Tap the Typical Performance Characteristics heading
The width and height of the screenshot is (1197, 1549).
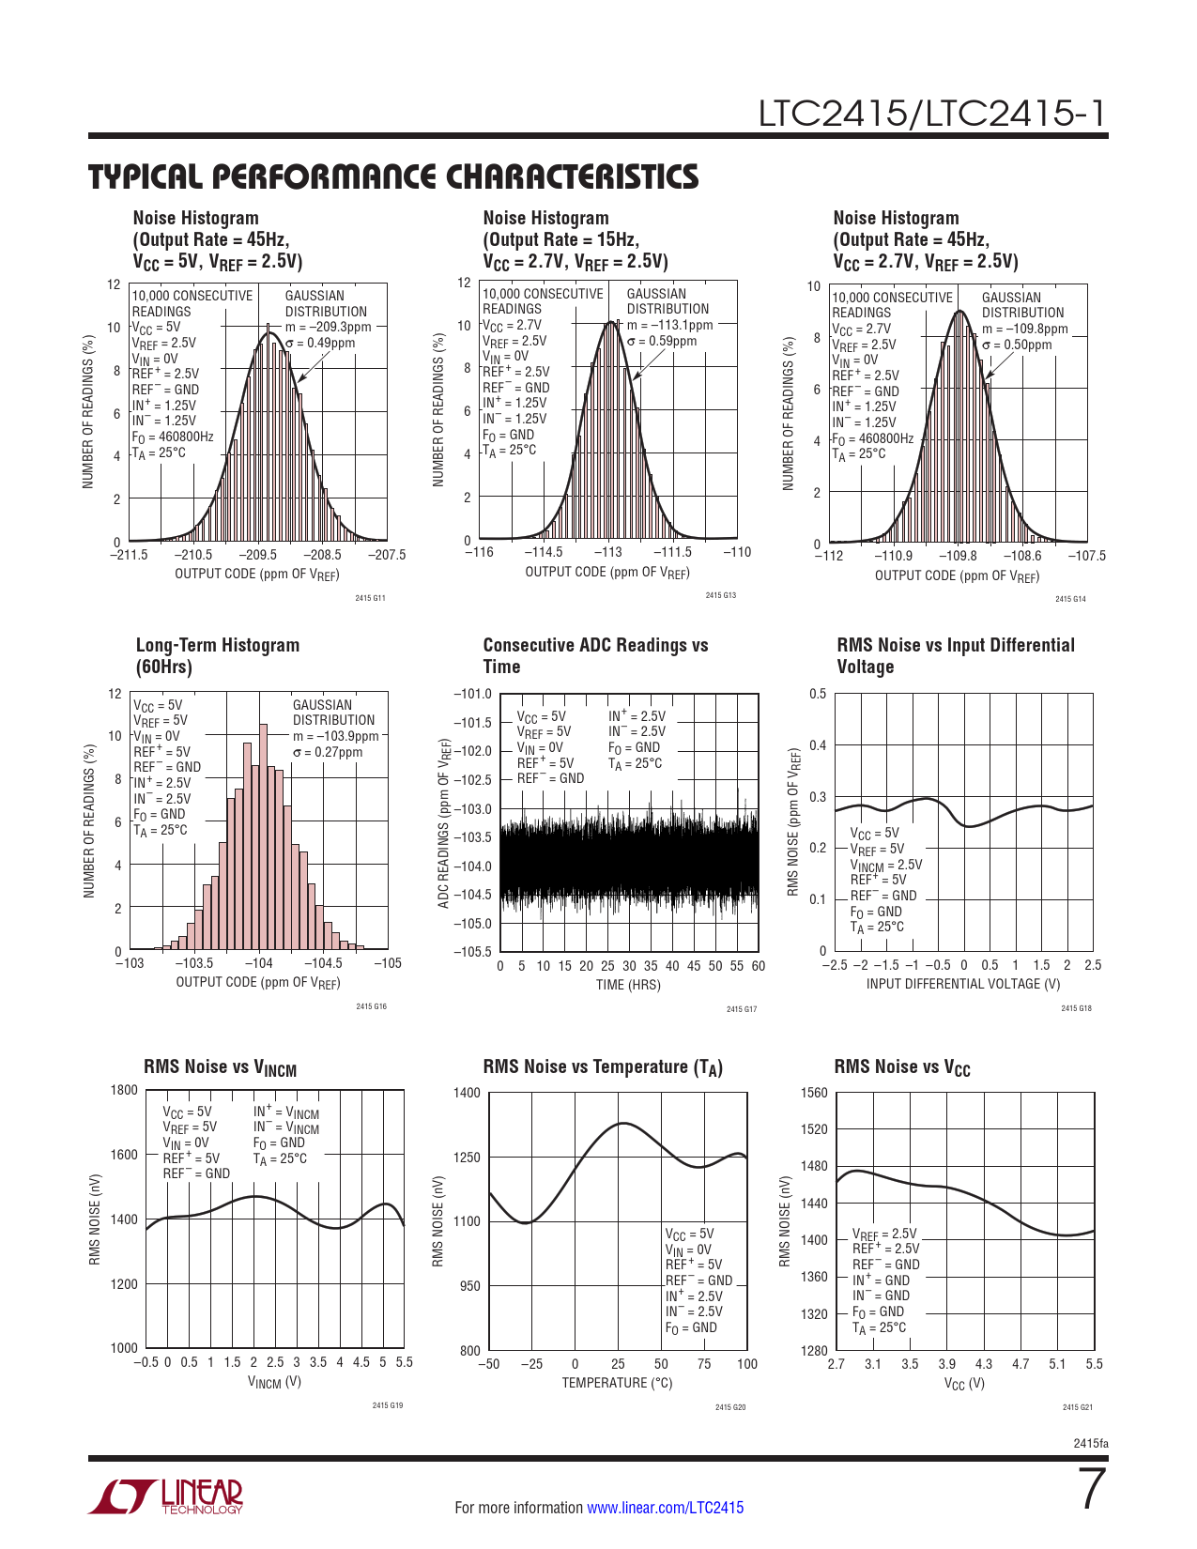pos(393,176)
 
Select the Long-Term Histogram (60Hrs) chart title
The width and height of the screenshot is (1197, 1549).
pos(218,655)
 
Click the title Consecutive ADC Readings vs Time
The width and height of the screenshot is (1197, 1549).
pos(595,655)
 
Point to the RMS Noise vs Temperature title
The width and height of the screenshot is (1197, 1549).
pos(603,1067)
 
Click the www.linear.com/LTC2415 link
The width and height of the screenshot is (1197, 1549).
pos(665,1508)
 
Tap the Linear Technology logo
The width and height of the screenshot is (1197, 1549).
pos(166,1496)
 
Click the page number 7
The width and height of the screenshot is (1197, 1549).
pos(1091,1490)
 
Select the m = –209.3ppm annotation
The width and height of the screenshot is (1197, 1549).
pos(329,328)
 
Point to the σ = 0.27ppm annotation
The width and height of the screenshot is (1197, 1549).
pos(327,752)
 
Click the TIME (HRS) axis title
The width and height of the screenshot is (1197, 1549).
pos(628,985)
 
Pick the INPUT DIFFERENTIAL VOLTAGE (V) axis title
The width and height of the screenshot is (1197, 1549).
pos(963,984)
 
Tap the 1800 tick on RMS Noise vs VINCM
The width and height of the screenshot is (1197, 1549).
pos(124,1090)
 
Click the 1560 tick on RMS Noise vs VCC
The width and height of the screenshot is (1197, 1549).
pos(814,1093)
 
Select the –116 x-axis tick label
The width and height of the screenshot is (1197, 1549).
pos(480,552)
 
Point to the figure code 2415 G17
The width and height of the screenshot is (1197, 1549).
pos(742,1009)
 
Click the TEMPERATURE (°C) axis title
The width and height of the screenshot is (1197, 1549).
pos(617,1383)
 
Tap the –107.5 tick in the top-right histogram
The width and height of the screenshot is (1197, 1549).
pos(1086,556)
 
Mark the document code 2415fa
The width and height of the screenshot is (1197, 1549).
pos(1090,1444)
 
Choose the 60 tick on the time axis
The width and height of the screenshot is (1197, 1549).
pos(758,966)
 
